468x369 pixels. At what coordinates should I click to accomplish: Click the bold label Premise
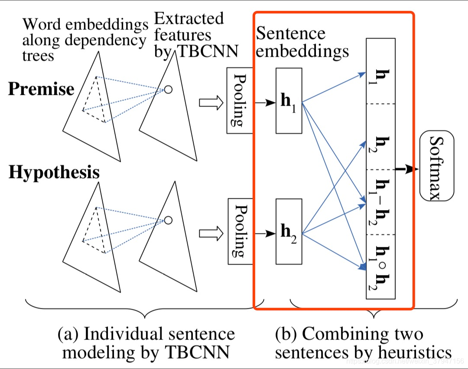pyautogui.click(x=41, y=89)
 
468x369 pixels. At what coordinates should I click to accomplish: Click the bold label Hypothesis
pyautogui.click(x=54, y=172)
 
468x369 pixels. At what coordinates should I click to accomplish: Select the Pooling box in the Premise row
pyautogui.click(x=239, y=100)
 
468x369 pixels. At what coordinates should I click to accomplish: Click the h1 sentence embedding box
pyautogui.click(x=289, y=100)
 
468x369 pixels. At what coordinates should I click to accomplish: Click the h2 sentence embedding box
pyautogui.click(x=289, y=231)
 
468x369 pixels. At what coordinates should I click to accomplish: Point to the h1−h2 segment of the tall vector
pyautogui.click(x=380, y=202)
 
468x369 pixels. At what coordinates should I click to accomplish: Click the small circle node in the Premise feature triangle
pyautogui.click(x=168, y=89)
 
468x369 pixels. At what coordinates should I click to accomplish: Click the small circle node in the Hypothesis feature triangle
pyautogui.click(x=168, y=220)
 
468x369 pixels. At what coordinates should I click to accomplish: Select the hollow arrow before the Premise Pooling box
pyautogui.click(x=211, y=103)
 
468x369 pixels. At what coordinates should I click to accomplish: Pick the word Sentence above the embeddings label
pyautogui.click(x=290, y=33)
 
